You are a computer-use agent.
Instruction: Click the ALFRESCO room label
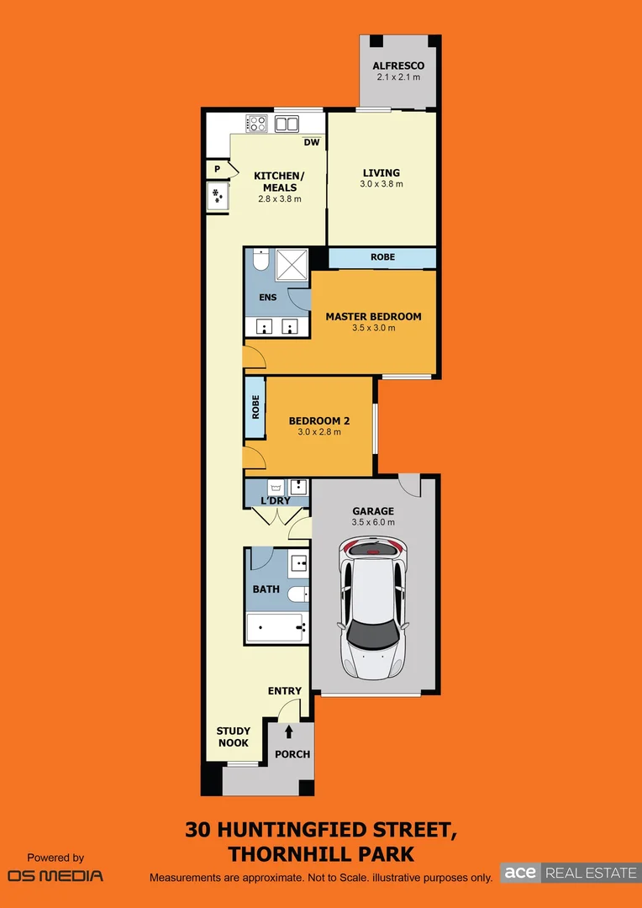click(x=398, y=66)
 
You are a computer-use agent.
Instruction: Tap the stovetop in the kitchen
click(x=256, y=124)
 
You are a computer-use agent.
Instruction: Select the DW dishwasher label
click(x=312, y=142)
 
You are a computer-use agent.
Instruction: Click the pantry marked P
click(x=217, y=169)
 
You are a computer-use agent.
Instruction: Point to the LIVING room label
click(x=382, y=173)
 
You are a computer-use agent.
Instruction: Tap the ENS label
click(x=267, y=298)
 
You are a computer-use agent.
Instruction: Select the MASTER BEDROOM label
click(x=373, y=317)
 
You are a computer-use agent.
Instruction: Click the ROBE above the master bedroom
click(x=382, y=257)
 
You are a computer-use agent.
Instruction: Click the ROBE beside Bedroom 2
click(x=255, y=407)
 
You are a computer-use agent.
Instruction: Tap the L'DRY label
click(x=275, y=501)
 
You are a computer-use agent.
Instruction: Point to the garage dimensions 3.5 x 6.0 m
click(x=373, y=522)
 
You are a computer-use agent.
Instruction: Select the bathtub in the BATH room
click(x=275, y=626)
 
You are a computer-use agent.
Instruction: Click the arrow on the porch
click(x=289, y=731)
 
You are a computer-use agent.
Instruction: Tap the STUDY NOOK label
click(x=233, y=736)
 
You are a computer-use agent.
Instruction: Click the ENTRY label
click(x=285, y=691)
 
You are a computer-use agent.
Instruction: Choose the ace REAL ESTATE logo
click(x=570, y=873)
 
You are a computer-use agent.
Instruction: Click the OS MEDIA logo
click(x=55, y=875)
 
